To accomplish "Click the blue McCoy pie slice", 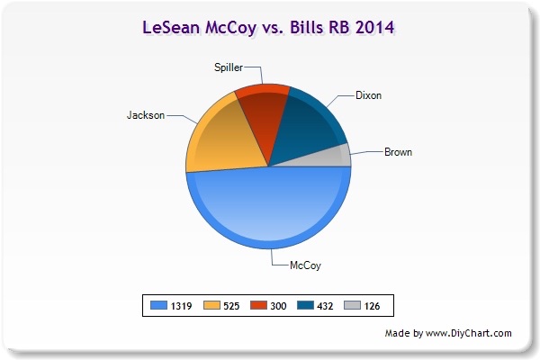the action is pyautogui.click(x=268, y=210).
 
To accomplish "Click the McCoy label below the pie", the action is pyautogui.click(x=305, y=265).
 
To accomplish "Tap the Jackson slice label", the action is pyautogui.click(x=146, y=115).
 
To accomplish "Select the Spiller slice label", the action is pyautogui.click(x=229, y=67).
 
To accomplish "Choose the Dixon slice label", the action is pyautogui.click(x=368, y=95).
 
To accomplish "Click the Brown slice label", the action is pyautogui.click(x=398, y=152).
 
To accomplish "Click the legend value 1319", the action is pyautogui.click(x=181, y=306).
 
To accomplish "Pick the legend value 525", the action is pyautogui.click(x=231, y=306).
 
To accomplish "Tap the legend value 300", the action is pyautogui.click(x=278, y=306).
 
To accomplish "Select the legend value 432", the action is pyautogui.click(x=325, y=306).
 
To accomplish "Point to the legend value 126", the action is pyautogui.click(x=372, y=306).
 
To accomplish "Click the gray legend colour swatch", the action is pyautogui.click(x=352, y=305).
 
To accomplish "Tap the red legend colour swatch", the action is pyautogui.click(x=258, y=305).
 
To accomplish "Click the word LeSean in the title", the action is pyautogui.click(x=171, y=27).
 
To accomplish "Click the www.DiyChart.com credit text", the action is pyautogui.click(x=468, y=333).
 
